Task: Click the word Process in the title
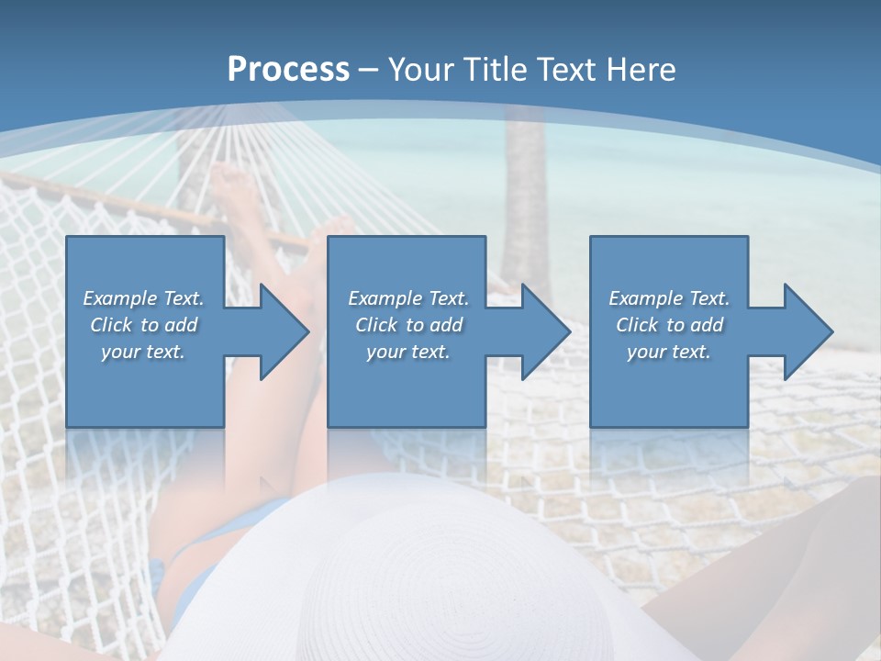[288, 70]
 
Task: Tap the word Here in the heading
[642, 70]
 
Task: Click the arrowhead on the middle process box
[544, 331]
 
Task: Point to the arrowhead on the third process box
[808, 331]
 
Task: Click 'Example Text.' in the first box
[143, 298]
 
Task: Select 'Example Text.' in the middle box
[408, 298]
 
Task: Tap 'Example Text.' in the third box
[669, 298]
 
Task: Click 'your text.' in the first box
[143, 352]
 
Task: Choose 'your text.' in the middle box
[408, 352]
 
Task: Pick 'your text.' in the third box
[669, 352]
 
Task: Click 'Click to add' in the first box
[143, 325]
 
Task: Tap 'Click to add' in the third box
[669, 325]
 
